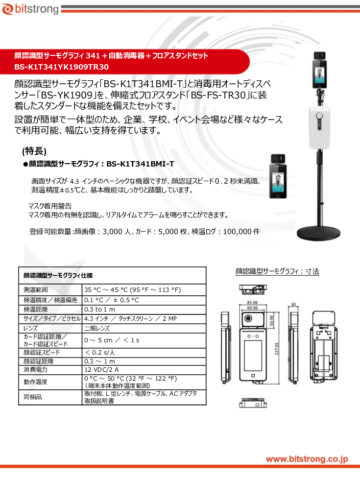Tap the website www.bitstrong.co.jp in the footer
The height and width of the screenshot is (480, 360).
pyautogui.click(x=307, y=459)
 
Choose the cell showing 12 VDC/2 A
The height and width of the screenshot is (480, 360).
pyautogui.click(x=101, y=369)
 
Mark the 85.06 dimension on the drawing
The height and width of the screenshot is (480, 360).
pyautogui.click(x=253, y=303)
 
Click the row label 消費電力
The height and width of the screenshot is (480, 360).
pyautogui.click(x=33, y=369)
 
